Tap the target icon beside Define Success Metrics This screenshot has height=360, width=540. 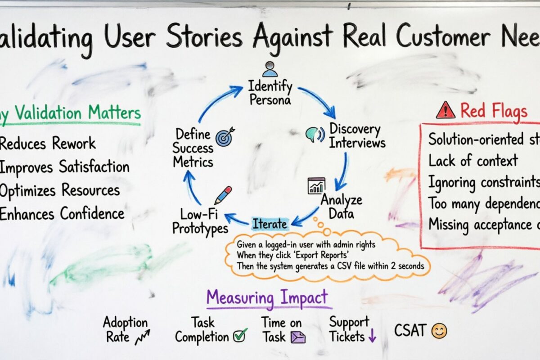(x=224, y=138)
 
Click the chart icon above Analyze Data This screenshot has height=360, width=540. (x=316, y=185)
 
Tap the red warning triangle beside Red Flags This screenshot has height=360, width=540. (x=445, y=109)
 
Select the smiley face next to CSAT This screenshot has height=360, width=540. (x=439, y=331)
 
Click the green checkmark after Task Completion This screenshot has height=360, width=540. (x=240, y=335)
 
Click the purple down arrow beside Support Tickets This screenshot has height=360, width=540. (x=372, y=336)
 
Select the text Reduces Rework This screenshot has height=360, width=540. (x=47, y=144)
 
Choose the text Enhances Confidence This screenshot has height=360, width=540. (x=62, y=213)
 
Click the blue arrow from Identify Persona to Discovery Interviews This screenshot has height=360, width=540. (x=317, y=101)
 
